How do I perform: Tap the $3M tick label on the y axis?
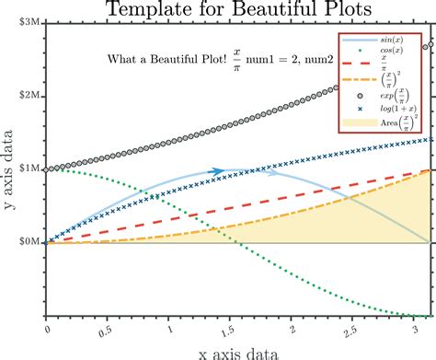pos(29,21)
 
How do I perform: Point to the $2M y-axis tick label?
pos(29,96)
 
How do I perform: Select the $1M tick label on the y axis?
pos(29,169)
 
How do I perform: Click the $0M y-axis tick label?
pos(29,242)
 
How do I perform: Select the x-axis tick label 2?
pos(292,328)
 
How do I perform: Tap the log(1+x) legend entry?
pos(391,108)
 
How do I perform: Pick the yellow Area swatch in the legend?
pos(358,122)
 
